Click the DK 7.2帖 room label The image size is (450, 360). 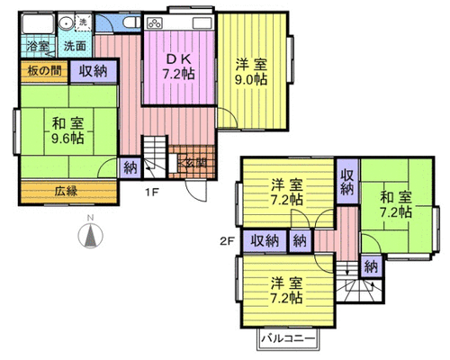(179, 67)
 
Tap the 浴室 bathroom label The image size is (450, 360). (38, 47)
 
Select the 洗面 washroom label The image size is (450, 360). (75, 46)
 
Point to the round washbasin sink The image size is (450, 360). (65, 22)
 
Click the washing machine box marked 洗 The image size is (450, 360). (83, 22)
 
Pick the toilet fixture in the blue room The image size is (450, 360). (131, 22)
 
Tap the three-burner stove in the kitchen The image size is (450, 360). (155, 22)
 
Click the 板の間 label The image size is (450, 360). (44, 71)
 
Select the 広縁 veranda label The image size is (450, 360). (67, 191)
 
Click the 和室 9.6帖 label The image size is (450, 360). (67, 130)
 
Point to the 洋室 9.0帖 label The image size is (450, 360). (251, 71)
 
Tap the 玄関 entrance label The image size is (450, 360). (196, 163)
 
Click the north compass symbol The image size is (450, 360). (90, 234)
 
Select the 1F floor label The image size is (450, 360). (152, 193)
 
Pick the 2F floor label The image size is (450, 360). (227, 241)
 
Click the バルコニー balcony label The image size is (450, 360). (288, 339)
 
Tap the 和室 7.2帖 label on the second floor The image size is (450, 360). (396, 205)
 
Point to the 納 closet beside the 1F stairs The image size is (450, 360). (130, 167)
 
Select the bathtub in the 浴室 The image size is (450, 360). (38, 23)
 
